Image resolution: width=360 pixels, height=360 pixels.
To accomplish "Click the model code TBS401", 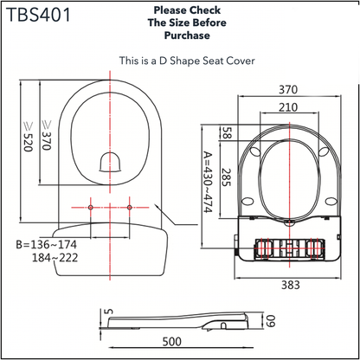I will [42, 16].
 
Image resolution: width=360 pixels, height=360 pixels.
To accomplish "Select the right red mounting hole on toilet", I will [129, 208].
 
